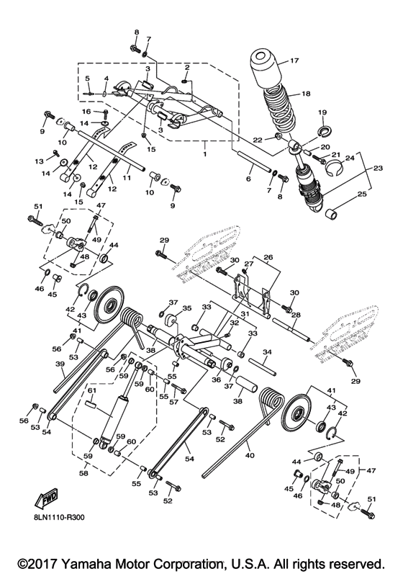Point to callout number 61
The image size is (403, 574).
tap(92, 390)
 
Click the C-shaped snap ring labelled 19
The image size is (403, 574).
tap(322, 131)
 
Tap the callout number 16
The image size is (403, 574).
tap(86, 112)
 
